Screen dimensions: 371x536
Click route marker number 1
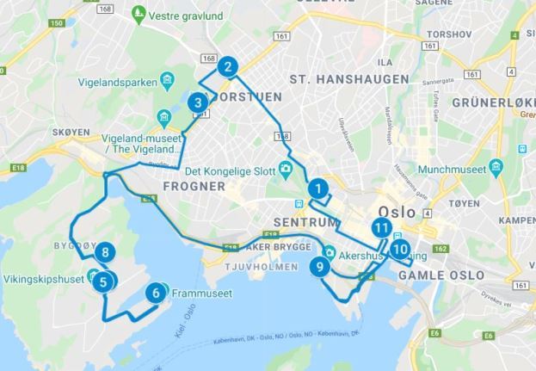click(318, 189)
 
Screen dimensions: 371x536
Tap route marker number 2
click(227, 66)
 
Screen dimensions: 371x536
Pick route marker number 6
click(156, 293)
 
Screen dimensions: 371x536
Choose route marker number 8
click(105, 252)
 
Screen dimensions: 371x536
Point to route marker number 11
click(382, 227)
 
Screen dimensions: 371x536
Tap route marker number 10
click(398, 250)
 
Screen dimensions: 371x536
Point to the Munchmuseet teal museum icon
click(496, 165)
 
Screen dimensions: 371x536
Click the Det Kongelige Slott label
click(229, 170)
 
